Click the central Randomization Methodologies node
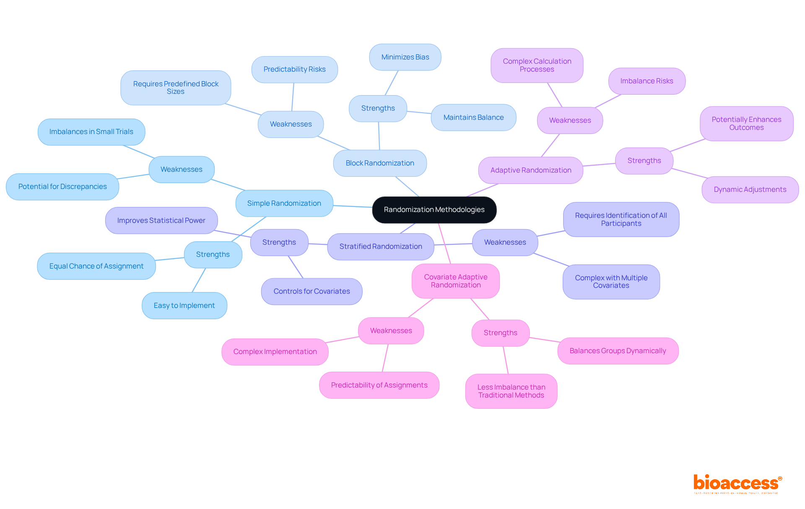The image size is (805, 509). pos(434,209)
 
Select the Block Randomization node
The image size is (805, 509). pos(380,163)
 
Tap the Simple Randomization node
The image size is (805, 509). pos(284,203)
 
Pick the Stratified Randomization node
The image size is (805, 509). pos(380,246)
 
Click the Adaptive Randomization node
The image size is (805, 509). pos(530,170)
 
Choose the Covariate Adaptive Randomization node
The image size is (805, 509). pos(455,281)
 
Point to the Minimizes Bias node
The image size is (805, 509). pos(405,57)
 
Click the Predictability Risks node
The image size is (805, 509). pos(294,69)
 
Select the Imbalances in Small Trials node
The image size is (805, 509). pos(91,132)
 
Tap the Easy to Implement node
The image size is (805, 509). pos(184,305)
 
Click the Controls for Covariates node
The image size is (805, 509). pos(312,291)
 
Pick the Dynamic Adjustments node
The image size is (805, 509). pos(750,189)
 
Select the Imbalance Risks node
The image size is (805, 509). pos(647,81)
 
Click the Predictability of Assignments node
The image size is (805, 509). pos(379,385)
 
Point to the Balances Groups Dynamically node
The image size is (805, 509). pos(618,351)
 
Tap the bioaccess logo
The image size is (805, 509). pos(737,483)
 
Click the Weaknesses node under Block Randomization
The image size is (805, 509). pos(291,124)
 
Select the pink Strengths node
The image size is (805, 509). pos(500,333)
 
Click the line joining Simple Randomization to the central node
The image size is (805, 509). pos(353,206)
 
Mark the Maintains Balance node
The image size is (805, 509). pos(473,117)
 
